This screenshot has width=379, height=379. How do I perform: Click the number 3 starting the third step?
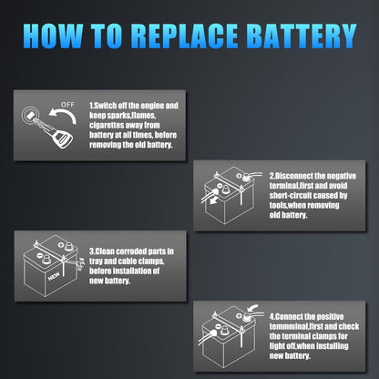[90, 250]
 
